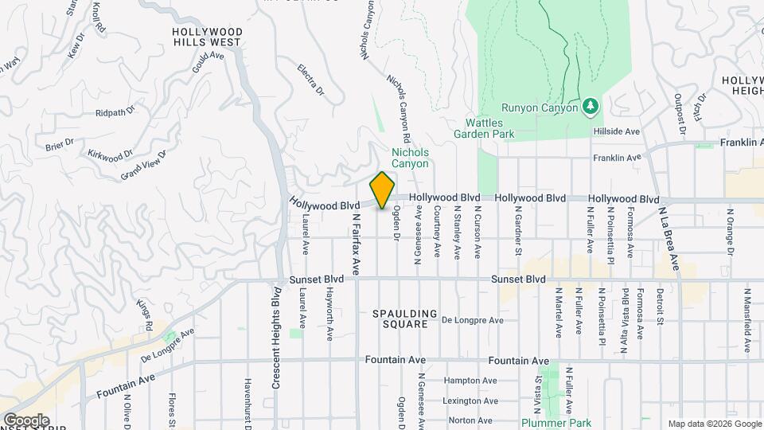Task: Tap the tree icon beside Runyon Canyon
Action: tap(590, 105)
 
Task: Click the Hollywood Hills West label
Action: tap(208, 37)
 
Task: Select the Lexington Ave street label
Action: tap(470, 401)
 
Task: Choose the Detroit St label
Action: tap(660, 308)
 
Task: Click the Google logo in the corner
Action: tap(26, 420)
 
